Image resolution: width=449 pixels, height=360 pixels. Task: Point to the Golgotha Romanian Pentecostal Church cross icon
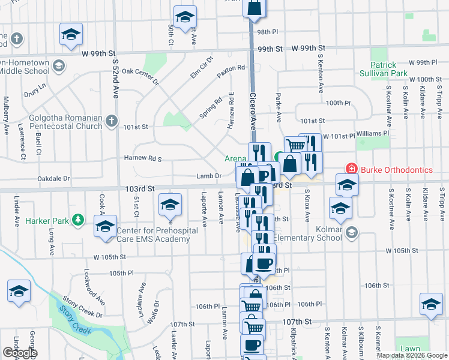tap(111, 122)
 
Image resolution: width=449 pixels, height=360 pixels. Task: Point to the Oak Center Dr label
tap(140, 75)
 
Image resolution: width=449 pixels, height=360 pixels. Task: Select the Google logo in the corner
tap(20, 353)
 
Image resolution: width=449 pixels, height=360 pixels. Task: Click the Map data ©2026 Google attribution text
tap(411, 355)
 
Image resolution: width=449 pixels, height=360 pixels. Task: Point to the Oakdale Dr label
tap(55, 178)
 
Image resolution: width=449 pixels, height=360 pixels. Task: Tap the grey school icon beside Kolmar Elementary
tap(352, 232)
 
